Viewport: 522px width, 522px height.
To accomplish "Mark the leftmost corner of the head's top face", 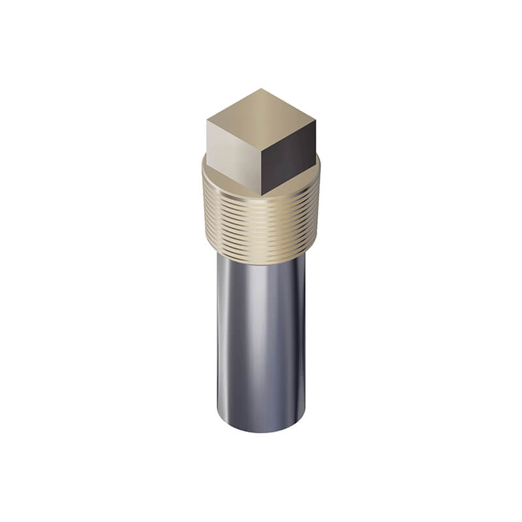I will (x=207, y=120).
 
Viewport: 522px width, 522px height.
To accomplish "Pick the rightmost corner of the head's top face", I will (x=316, y=121).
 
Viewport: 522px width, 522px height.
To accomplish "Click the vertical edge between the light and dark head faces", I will (x=262, y=171).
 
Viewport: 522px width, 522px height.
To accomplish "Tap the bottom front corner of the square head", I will (x=262, y=195).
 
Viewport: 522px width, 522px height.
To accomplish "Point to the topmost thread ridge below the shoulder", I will (x=261, y=199).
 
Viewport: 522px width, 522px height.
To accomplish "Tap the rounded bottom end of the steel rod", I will (x=261, y=427).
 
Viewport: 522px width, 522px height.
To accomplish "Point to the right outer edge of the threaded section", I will (x=318, y=215).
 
